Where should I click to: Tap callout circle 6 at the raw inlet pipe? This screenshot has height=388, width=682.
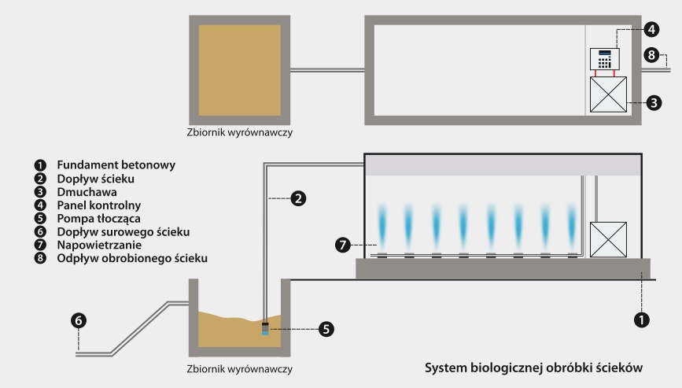pos(79,320)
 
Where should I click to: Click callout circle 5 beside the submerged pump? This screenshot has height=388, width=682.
pos(326,328)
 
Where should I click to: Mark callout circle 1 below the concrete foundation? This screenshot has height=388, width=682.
pos(643,320)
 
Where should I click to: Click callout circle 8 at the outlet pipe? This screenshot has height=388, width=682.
pos(651,54)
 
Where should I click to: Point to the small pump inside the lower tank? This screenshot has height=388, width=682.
pos(264,329)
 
